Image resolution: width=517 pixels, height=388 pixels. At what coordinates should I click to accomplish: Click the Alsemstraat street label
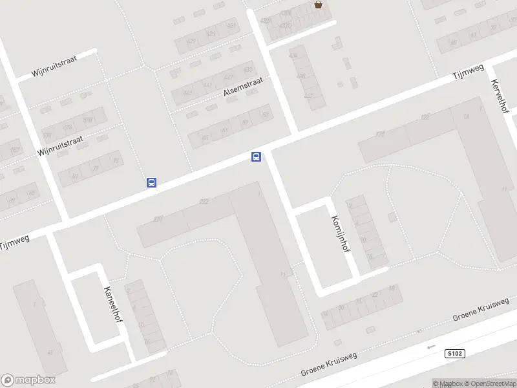point(244,87)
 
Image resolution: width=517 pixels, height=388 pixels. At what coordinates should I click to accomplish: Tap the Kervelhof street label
point(500,96)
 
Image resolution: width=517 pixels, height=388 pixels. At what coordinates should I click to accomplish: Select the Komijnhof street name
point(339,236)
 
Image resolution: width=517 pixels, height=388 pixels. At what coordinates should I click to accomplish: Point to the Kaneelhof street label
point(112,308)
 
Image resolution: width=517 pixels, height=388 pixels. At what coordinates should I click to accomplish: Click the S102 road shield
point(455,353)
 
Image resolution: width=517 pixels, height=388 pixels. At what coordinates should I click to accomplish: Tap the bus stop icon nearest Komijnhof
point(256,156)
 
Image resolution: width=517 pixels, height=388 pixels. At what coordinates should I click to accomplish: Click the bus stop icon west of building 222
point(151,183)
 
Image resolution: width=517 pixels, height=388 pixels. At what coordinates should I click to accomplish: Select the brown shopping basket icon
point(318,5)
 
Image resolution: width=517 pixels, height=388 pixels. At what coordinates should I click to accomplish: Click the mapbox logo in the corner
point(28,380)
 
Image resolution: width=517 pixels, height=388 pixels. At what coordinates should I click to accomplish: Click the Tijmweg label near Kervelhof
point(467,73)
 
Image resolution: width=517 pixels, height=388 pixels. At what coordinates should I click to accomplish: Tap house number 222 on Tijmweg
point(204,202)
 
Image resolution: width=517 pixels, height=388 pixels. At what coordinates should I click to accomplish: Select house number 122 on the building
point(425,117)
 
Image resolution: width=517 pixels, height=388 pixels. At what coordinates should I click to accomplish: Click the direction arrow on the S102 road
point(432,347)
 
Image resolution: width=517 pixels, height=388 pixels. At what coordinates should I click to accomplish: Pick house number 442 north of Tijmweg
point(309,96)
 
